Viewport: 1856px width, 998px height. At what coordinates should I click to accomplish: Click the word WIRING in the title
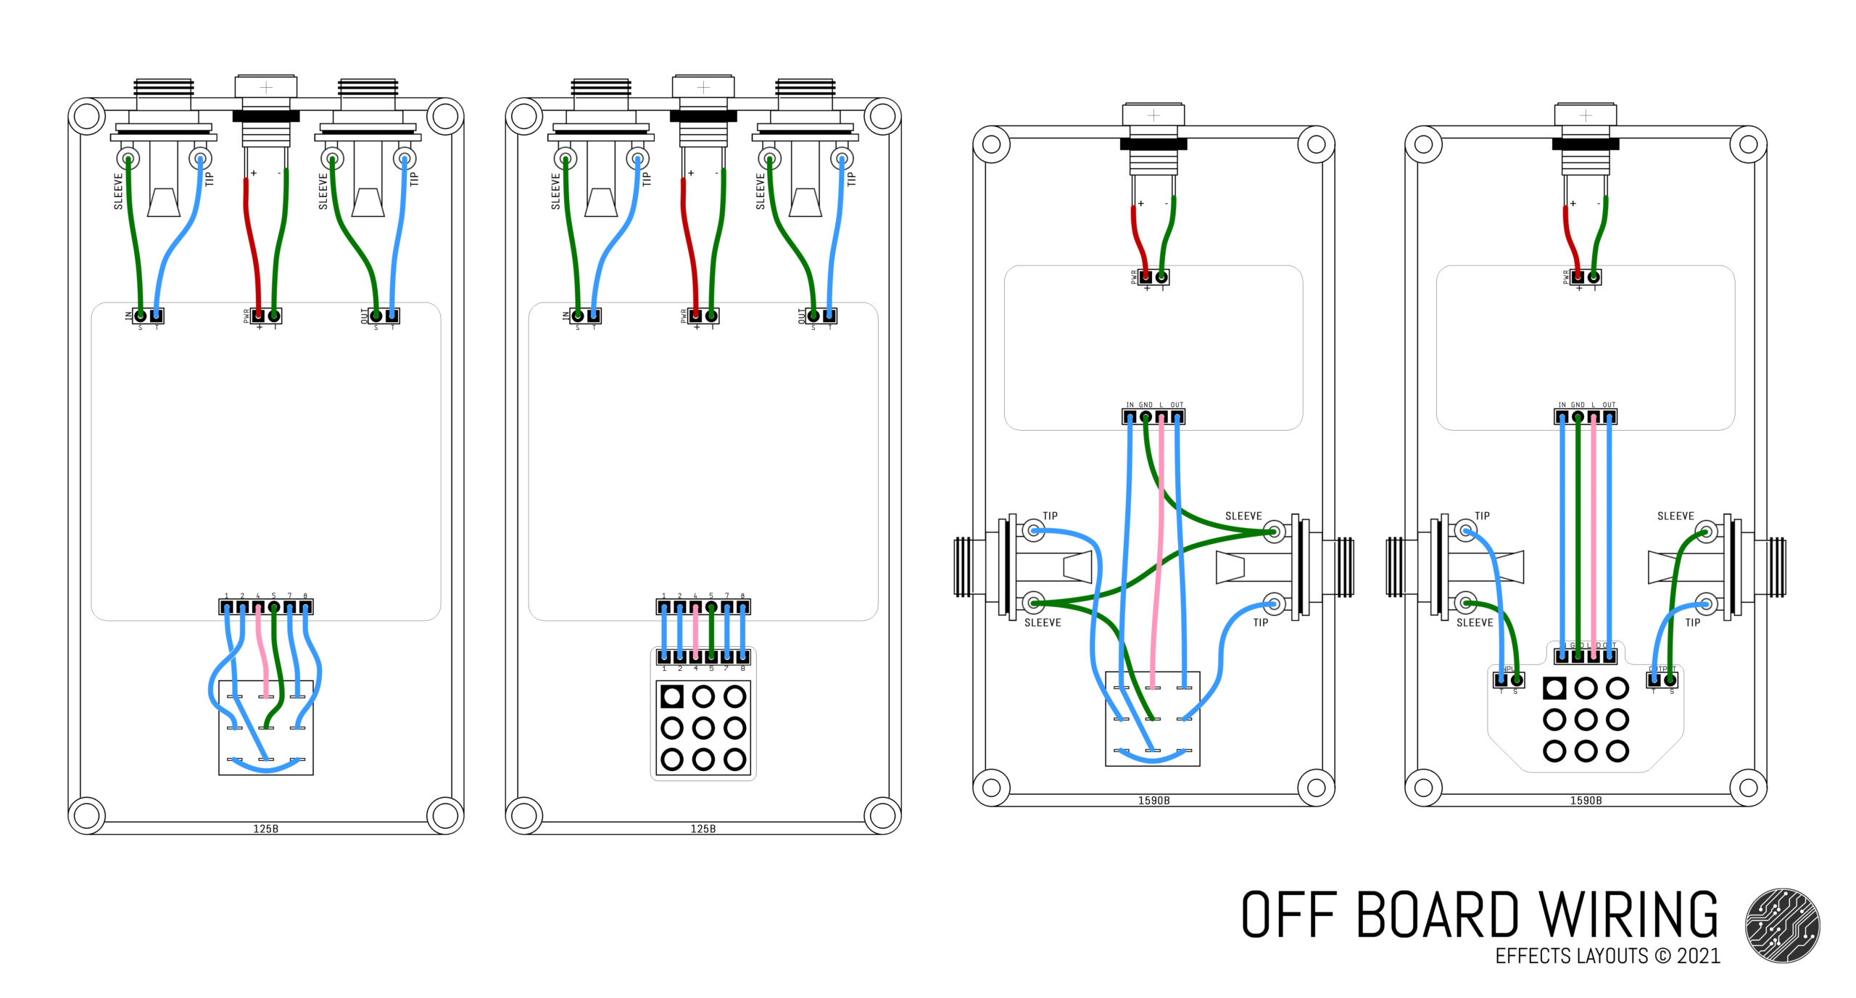1628,915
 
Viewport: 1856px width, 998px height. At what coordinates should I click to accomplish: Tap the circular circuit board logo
1782,925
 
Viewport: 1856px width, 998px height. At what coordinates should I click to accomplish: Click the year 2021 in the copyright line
1698,956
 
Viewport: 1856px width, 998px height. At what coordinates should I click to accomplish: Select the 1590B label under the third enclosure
1153,801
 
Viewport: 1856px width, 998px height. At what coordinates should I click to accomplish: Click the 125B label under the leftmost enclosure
265,828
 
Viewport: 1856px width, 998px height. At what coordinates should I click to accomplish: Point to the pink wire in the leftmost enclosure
262,649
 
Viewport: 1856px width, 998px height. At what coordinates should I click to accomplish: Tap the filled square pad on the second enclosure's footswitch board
672,697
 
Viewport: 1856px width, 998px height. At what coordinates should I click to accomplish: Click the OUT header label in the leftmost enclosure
365,316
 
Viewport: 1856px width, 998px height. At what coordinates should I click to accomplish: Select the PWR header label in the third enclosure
1134,277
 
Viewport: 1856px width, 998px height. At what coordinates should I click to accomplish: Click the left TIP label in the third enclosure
1050,516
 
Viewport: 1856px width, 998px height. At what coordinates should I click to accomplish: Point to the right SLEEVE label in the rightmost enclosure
1675,516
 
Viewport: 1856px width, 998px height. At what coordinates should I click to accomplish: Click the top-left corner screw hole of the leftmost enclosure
87,116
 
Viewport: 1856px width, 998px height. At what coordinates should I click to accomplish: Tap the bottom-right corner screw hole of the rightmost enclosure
1748,788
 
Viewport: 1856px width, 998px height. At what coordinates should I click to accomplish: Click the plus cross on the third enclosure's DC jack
1153,115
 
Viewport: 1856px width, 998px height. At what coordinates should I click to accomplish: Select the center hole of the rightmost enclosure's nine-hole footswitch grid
1586,719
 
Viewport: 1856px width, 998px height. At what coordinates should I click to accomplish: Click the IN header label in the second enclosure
565,316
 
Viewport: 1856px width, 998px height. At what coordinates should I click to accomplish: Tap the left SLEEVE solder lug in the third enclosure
1034,603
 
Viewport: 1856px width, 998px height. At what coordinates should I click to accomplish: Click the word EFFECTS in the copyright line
1530,956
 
